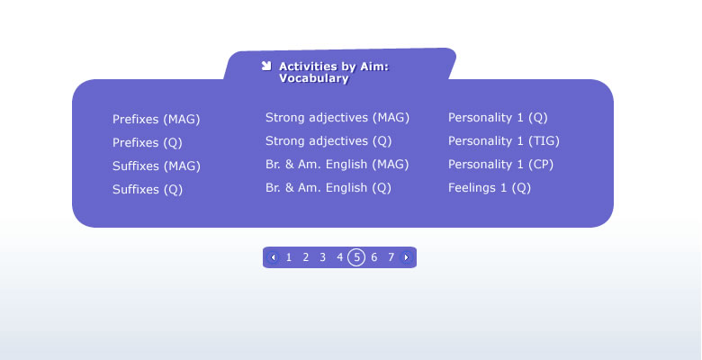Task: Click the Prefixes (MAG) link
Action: coord(157,120)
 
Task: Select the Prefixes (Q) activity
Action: coord(148,143)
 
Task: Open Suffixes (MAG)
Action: coord(157,166)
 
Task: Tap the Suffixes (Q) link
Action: coord(148,189)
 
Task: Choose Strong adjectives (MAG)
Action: coord(337,118)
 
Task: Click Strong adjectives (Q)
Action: coord(328,141)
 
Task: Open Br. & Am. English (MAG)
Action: coord(337,165)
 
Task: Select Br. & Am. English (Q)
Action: coord(328,187)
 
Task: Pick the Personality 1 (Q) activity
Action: coord(498,118)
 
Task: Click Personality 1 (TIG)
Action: coord(504,141)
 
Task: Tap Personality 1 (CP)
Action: coord(500,165)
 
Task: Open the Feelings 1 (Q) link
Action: coord(490,187)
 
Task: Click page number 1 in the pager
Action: coord(289,257)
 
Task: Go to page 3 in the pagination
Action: coord(322,257)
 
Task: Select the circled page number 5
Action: coord(356,257)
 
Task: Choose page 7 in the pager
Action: coord(391,257)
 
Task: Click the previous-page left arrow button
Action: coord(273,257)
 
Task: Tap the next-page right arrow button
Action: coord(406,257)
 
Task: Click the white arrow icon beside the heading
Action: coord(266,66)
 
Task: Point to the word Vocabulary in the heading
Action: coord(314,78)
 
